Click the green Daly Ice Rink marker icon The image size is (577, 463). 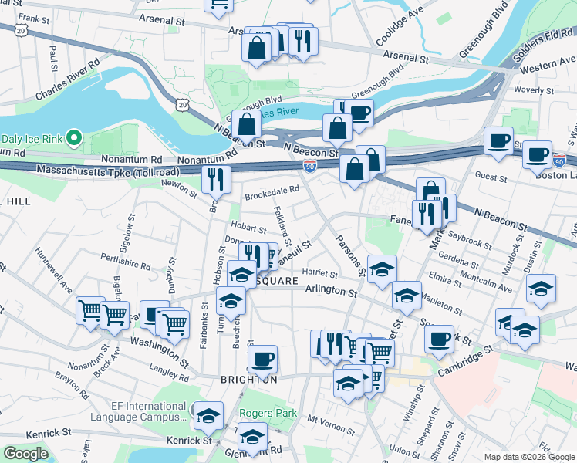click(74, 138)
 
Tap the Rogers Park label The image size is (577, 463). click(268, 413)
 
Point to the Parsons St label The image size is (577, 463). click(349, 254)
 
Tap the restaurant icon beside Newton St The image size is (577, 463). click(216, 179)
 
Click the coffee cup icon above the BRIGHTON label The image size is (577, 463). click(262, 358)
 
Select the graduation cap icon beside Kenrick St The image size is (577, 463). click(208, 415)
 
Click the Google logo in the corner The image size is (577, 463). click(25, 454)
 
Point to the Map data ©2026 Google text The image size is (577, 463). click(528, 457)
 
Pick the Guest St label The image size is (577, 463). click(491, 177)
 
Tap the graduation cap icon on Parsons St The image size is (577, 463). click(382, 269)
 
